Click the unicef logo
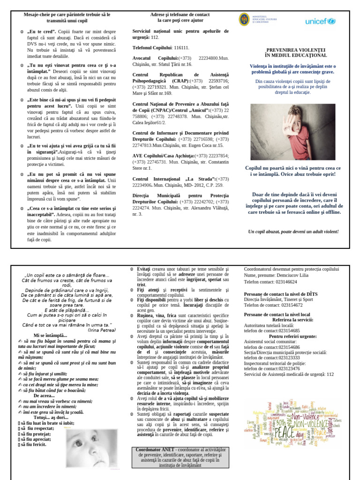[x=320, y=21]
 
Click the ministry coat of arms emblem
[x=243, y=20]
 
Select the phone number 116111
[x=181, y=48]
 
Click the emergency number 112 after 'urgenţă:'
[x=155, y=37]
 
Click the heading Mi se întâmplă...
[x=50, y=336]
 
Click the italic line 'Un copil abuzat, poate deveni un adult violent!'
[x=293, y=232]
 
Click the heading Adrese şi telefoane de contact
[x=180, y=15]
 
